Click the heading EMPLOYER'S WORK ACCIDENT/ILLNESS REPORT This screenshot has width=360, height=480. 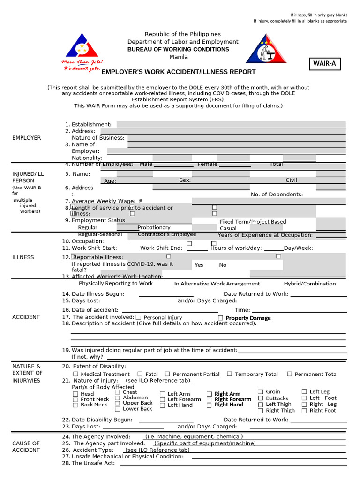click(x=179, y=72)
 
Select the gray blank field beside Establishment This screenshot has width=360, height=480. click(x=231, y=125)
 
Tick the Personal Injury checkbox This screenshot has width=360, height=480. click(x=139, y=318)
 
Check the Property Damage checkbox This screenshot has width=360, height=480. click(x=220, y=318)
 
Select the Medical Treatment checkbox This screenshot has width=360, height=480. click(x=76, y=374)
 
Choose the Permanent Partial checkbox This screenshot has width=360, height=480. click(x=168, y=374)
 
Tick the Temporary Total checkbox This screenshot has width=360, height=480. click(x=230, y=374)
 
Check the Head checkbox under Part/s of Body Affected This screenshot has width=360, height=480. click(x=75, y=394)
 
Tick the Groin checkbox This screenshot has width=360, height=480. click(x=261, y=391)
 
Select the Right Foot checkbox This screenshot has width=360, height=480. click(x=304, y=411)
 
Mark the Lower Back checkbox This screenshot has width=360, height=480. click(x=118, y=409)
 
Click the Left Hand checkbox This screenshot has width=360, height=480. click(x=163, y=405)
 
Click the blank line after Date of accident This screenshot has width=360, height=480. click(x=170, y=310)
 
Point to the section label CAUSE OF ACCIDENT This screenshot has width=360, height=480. click(x=26, y=446)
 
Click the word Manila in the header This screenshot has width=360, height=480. click(x=179, y=57)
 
